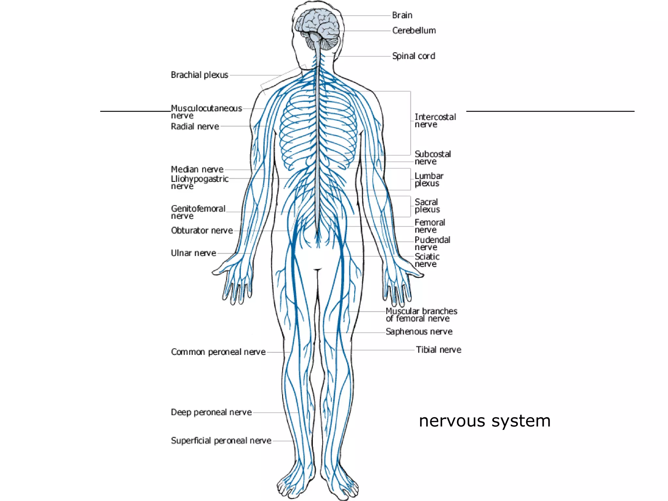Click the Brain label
[x=402, y=15]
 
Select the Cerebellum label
[x=414, y=31]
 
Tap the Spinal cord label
[x=414, y=56]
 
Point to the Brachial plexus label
[x=199, y=75]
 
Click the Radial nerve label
[x=195, y=127]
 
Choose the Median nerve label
[x=197, y=170]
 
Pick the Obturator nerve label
[x=202, y=231]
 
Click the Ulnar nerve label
[x=193, y=253]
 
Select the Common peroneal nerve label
[x=218, y=352]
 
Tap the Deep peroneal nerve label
[x=211, y=413]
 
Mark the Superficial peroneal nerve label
[x=221, y=441]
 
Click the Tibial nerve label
[x=438, y=350]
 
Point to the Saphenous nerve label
[x=419, y=332]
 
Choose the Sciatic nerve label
[x=427, y=260]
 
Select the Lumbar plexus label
[x=429, y=180]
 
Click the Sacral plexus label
[x=427, y=206]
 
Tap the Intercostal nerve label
[x=435, y=121]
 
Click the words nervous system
[x=485, y=421]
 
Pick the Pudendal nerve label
[x=432, y=243]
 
